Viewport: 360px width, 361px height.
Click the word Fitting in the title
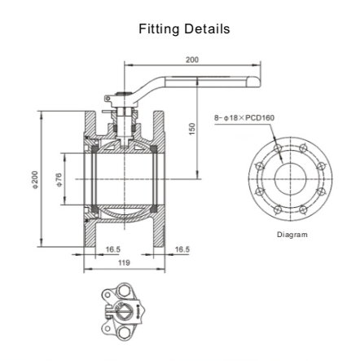pos(159,29)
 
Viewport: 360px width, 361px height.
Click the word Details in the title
pos(206,29)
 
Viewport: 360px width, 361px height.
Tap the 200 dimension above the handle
pos(192,59)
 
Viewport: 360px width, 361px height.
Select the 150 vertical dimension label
pos(192,130)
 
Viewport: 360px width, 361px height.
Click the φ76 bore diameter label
pos(57,178)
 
